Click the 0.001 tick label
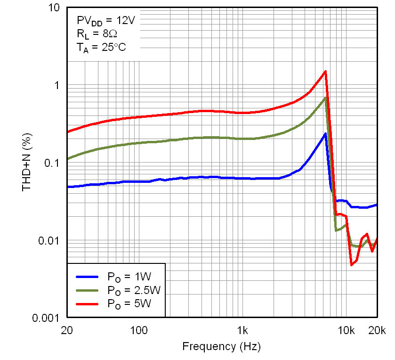(46, 318)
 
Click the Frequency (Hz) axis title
(221, 347)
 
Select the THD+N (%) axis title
(27, 163)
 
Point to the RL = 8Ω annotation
(94, 34)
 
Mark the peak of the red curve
(325, 72)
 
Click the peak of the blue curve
(325, 134)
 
